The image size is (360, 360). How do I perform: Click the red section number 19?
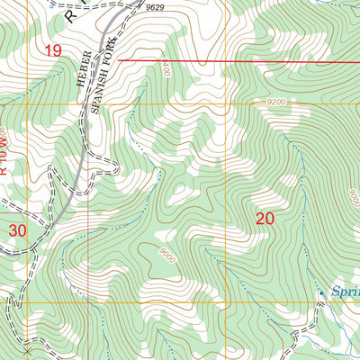click(53, 51)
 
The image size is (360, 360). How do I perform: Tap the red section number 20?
click(265, 218)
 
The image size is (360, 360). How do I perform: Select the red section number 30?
click(17, 230)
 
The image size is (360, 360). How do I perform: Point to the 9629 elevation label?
click(157, 8)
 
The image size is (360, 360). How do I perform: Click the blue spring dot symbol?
click(321, 292)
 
